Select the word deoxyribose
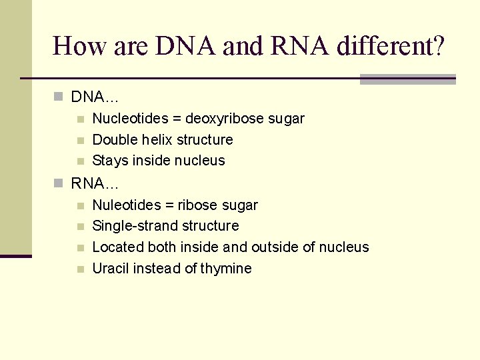point(224,119)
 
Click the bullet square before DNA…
point(59,97)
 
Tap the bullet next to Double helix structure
point(80,141)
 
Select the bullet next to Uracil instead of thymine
point(80,269)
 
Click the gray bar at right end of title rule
point(407,79)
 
